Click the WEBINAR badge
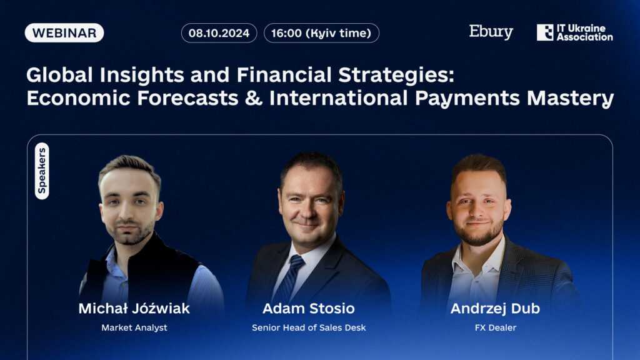64,33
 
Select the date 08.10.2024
219,33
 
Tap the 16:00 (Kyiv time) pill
321,33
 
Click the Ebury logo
491,32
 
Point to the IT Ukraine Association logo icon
545,32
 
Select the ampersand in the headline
254,98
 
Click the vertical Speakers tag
42,171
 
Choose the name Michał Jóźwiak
134,308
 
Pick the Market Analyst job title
134,327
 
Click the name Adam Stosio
309,308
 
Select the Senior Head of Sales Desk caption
309,327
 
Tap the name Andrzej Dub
495,308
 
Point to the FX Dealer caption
496,327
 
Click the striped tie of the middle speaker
291,277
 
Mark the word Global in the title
59,76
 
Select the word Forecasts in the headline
187,98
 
